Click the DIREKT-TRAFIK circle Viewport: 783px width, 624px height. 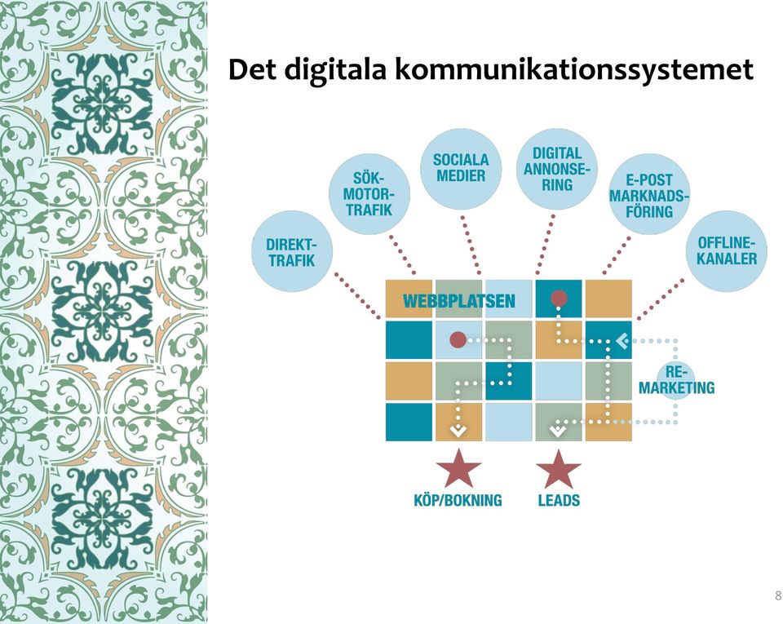pos(292,251)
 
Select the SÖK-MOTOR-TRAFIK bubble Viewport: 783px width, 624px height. pos(369,194)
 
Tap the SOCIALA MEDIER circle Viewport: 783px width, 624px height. pos(461,168)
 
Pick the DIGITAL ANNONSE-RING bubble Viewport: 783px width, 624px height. pos(557,168)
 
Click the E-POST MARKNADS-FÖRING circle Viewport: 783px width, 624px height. pos(649,194)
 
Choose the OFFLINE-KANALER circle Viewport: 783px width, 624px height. pos(727,251)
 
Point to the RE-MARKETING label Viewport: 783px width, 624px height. pos(677,380)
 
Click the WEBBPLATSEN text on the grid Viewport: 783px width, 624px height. pos(458,300)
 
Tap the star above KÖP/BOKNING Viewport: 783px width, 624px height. pos(458,469)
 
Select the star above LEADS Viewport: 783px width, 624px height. pos(559,469)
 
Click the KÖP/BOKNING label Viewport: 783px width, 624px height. pos(458,500)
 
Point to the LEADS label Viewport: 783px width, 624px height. pos(559,500)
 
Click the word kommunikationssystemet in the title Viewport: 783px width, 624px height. pos(573,70)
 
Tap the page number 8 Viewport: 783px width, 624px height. pos(777,595)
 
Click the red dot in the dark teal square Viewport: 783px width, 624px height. pos(559,299)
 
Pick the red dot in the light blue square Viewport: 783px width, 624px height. pos(458,340)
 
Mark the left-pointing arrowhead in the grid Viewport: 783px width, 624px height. pos(622,341)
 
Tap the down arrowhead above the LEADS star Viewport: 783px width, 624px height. pos(557,429)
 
